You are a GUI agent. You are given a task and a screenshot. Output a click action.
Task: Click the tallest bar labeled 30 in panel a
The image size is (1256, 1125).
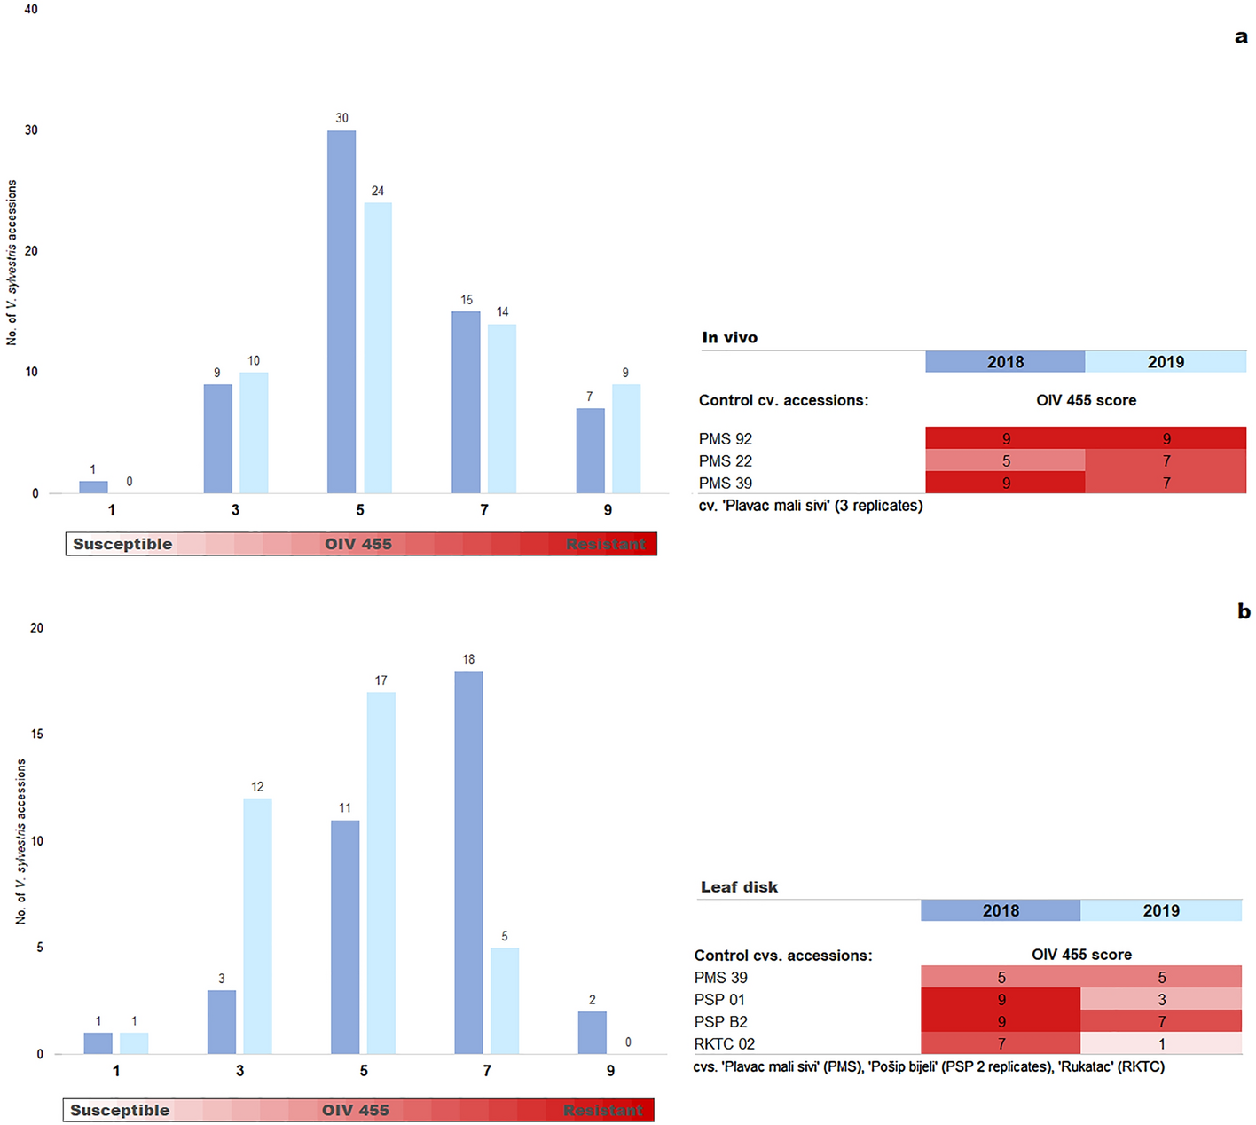341,311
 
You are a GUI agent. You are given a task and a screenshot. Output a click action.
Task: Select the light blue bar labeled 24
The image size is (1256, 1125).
378,346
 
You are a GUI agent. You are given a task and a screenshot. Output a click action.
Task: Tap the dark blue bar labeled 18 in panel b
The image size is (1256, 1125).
468,861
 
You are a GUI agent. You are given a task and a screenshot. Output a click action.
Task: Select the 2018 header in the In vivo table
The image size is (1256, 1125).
1004,362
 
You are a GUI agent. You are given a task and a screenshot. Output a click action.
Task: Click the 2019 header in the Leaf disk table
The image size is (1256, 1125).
1160,910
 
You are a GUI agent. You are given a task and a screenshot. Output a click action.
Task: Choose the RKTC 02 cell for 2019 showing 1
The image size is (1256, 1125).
1160,1044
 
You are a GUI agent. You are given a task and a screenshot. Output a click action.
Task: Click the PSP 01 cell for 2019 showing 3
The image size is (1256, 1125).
1160,1000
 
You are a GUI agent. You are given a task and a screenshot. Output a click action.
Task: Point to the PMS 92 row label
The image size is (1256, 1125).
725,439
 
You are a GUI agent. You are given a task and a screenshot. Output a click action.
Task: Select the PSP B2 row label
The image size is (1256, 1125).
720,1022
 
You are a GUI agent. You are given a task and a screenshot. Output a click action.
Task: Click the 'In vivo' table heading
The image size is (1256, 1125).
729,338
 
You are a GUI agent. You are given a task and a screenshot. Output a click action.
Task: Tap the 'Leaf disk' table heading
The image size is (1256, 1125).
739,887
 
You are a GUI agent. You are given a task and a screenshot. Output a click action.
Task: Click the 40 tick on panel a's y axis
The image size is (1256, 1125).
31,10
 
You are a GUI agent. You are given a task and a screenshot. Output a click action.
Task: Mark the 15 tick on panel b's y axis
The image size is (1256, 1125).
36,735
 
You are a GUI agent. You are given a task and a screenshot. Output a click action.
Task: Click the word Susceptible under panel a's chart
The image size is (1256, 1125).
122,544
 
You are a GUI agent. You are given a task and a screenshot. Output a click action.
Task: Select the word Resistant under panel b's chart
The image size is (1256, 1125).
603,1111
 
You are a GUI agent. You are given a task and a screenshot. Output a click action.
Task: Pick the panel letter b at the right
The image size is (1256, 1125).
1244,611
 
